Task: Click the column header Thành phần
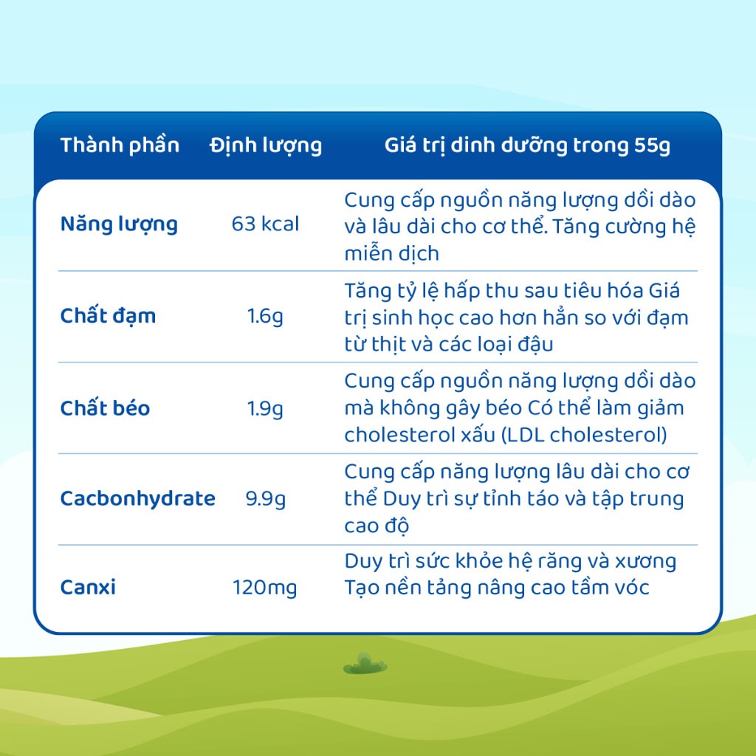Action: click(120, 145)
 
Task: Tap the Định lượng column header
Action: click(266, 145)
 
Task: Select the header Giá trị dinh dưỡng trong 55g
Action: click(527, 145)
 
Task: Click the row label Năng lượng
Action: click(119, 224)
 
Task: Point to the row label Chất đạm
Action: click(108, 316)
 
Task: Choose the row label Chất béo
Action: click(105, 408)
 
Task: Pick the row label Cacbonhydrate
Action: click(138, 498)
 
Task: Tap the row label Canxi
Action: click(88, 587)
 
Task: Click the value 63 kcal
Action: click(265, 224)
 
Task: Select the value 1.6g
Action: click(265, 317)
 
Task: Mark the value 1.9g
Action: click(265, 409)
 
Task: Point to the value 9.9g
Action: click(265, 499)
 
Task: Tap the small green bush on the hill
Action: click(365, 664)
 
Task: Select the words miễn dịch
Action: click(391, 253)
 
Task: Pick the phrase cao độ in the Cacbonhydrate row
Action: click(377, 525)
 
